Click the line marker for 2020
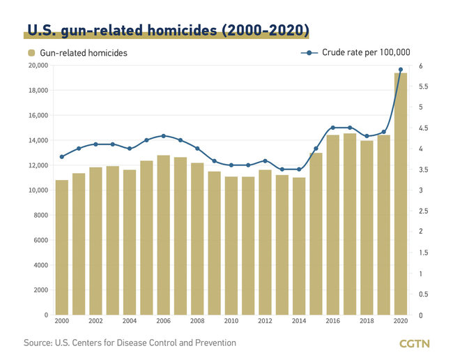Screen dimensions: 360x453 [x=401, y=70]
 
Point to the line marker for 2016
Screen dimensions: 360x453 [x=333, y=128]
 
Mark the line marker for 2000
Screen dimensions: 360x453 [x=62, y=157]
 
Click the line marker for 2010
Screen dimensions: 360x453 [x=231, y=165]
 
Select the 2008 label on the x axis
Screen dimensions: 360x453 [x=197, y=322]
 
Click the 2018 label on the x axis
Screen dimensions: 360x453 [x=367, y=322]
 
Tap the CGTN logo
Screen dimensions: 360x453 [x=415, y=343]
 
